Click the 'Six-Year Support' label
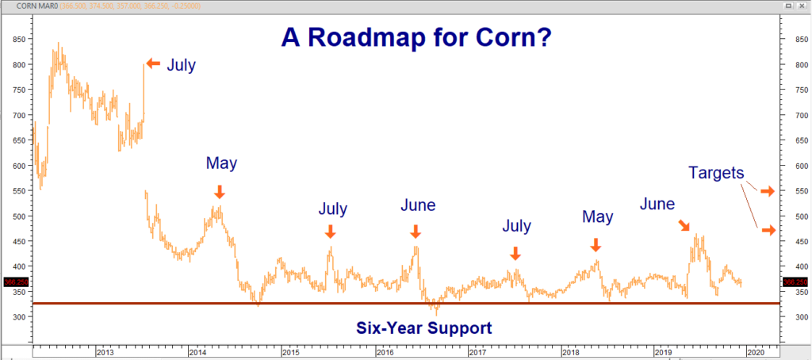(x=423, y=327)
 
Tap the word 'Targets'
(x=716, y=173)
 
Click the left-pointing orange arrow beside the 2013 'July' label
(x=152, y=63)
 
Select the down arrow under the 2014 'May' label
(x=220, y=191)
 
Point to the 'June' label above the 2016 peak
(x=417, y=205)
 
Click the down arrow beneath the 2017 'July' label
(x=515, y=253)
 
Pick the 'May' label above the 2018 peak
(x=597, y=216)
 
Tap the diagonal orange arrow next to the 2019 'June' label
(x=684, y=226)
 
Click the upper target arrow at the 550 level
(x=767, y=191)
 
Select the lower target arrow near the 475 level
(x=767, y=230)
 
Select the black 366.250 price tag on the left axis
(x=13, y=281)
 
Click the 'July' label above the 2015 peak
(x=332, y=209)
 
